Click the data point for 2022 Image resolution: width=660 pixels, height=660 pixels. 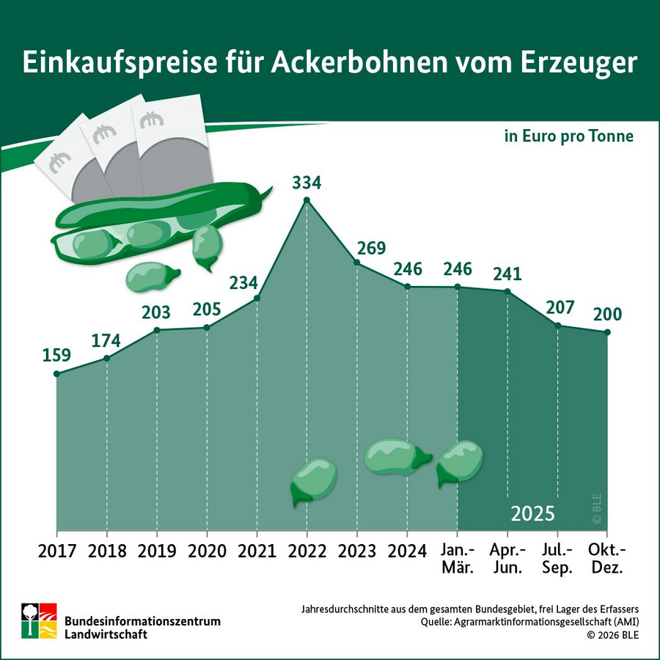tap(307, 200)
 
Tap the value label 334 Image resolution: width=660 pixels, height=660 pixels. tap(307, 181)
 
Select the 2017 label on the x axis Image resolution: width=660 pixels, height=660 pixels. tap(56, 551)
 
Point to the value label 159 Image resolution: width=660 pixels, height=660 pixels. tap(56, 356)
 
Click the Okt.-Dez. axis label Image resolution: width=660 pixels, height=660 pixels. tap(607, 559)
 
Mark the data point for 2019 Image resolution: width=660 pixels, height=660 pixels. tap(157, 330)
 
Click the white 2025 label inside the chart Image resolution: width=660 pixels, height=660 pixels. tap(532, 513)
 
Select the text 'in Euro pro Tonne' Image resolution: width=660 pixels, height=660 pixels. tap(568, 136)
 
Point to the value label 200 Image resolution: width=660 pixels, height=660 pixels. tap(607, 315)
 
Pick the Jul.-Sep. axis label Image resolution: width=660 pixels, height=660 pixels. tap(557, 559)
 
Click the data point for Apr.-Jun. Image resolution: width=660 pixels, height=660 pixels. tap(507, 291)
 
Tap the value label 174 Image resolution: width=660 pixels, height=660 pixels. tap(107, 340)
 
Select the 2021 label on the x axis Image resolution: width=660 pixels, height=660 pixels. tap(257, 551)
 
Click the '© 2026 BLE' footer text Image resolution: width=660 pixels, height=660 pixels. tap(612, 635)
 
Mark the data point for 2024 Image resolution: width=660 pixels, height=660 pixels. tap(407, 287)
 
